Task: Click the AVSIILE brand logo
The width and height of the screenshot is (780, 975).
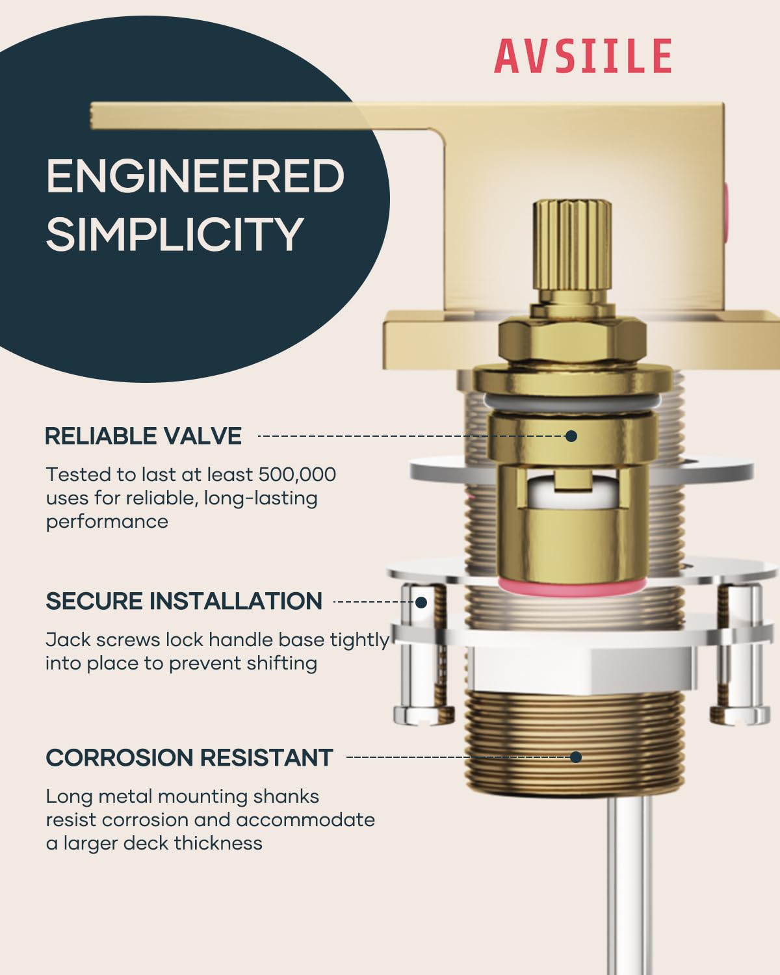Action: pos(583,56)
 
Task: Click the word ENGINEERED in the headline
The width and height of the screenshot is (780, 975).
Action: pos(196,175)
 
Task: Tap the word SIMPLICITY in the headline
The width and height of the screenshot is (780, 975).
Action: pos(175,234)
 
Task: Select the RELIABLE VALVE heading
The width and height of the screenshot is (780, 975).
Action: pos(143,436)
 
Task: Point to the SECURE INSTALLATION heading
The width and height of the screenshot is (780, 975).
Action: pos(184,601)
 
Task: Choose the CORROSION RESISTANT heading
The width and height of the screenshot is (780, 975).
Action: pos(189,757)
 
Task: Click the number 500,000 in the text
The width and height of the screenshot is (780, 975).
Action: pos(297,474)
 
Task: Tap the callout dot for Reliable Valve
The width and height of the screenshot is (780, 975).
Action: pos(571,436)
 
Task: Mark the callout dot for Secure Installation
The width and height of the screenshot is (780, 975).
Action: pos(421,602)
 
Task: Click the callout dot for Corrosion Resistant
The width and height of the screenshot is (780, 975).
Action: pos(576,757)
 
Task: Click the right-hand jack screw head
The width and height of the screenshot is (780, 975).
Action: pos(740,714)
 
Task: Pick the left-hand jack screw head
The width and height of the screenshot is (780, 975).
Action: pos(424,714)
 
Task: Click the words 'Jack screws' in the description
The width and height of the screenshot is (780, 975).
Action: pos(103,640)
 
